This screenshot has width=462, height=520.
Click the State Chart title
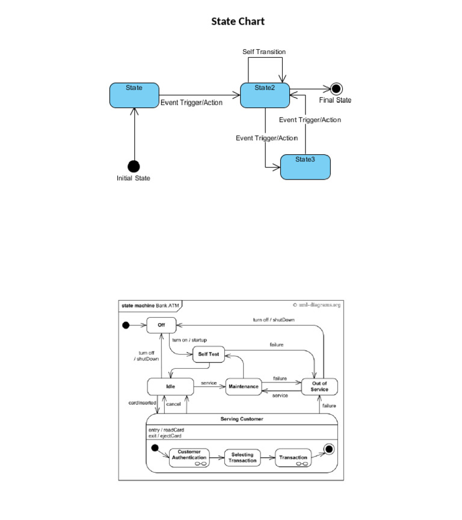[238, 22]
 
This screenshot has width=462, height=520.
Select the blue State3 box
[306, 167]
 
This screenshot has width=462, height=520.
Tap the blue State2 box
[265, 95]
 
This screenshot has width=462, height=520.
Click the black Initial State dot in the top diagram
[134, 166]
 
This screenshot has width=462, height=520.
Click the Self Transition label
[264, 52]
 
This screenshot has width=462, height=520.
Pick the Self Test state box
[208, 354]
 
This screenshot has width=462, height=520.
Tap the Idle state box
[170, 386]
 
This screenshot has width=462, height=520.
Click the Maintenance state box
[243, 386]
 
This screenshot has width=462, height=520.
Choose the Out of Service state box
[319, 387]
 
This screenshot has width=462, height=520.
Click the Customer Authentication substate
[189, 458]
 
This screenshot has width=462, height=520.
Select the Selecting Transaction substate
[242, 458]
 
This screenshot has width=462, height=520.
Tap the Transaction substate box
[293, 458]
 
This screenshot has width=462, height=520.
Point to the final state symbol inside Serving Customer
[328, 449]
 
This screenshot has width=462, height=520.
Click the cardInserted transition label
[143, 403]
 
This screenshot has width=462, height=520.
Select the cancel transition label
[173, 404]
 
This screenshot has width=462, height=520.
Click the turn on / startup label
[189, 340]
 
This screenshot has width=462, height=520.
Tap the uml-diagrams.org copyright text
[316, 305]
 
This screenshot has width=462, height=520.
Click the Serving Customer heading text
[241, 419]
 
